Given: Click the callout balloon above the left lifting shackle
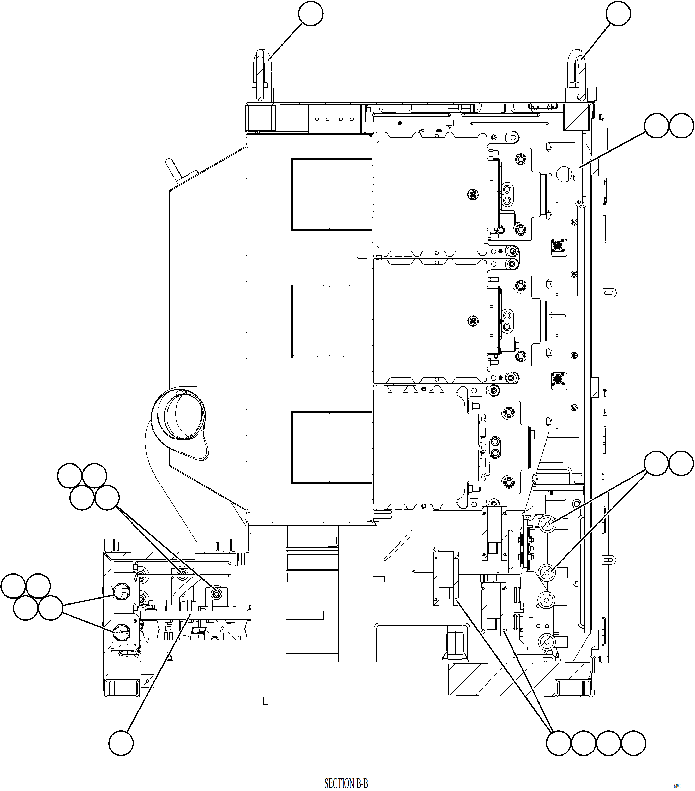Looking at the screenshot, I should (x=311, y=14).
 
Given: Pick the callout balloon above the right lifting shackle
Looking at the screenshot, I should (x=618, y=14).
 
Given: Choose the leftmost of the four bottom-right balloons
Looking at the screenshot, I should (x=558, y=743).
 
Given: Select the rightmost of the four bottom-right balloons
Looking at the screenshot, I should (x=633, y=743).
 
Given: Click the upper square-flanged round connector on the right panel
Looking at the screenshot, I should (x=558, y=245).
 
